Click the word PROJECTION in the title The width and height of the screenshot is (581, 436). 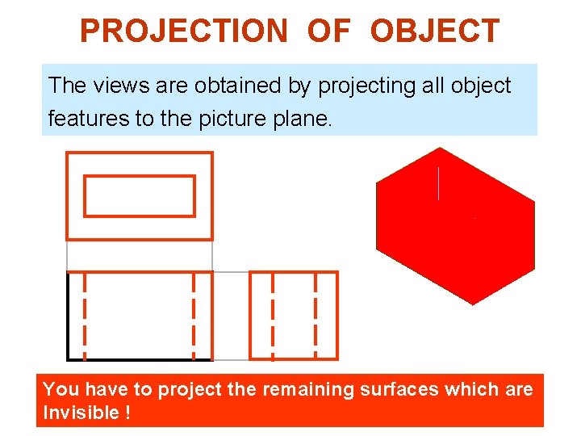tap(183, 31)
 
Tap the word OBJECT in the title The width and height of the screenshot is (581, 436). tap(435, 31)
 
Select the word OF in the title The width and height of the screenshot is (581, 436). tap(328, 31)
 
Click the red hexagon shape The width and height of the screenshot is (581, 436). tap(455, 242)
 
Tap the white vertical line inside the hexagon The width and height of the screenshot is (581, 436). tap(438, 184)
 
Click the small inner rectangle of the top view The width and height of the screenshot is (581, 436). tap(140, 196)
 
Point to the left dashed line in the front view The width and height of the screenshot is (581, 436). tap(86, 316)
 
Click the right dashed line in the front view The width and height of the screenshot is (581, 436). tap(194, 316)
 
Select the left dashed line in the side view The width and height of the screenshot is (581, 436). tap(273, 316)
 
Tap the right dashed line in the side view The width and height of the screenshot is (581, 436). tap(316, 316)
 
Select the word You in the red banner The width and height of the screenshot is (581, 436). tap(61, 390)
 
